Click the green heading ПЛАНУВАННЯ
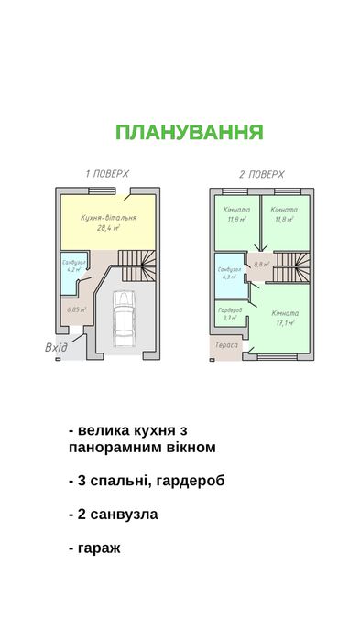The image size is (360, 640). coord(189,132)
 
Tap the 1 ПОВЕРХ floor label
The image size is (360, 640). coord(107,173)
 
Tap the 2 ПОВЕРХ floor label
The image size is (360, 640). coord(262,173)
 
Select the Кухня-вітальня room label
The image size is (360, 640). coord(109,219)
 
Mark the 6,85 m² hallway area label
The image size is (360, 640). coord(77,309)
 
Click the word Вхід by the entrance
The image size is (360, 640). coord(55,348)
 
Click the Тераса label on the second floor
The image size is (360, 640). coord(227,345)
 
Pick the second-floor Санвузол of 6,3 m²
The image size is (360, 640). coord(229,274)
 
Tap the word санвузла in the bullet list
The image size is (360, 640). coord(124,514)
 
